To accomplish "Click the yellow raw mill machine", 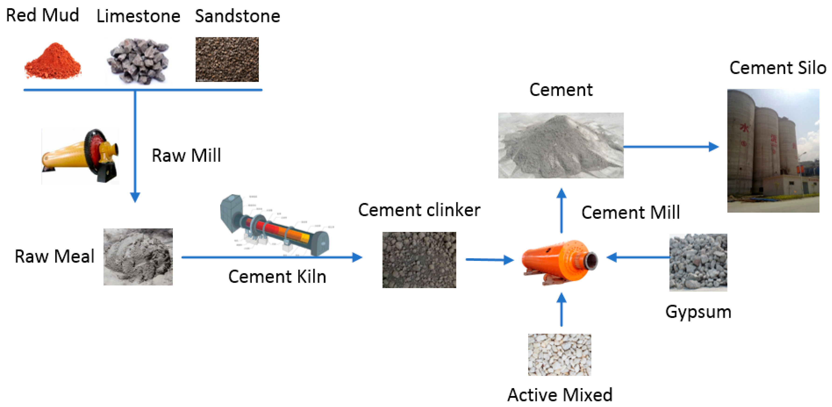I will click(x=80, y=156).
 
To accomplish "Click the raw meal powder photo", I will click(x=138, y=257).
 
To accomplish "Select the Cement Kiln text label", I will click(x=277, y=277).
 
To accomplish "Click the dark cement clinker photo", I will click(x=419, y=260).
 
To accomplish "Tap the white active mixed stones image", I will click(x=559, y=354).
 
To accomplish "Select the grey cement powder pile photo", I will click(x=561, y=145).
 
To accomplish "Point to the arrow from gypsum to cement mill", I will click(x=638, y=257).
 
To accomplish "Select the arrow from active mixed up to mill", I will click(x=561, y=310).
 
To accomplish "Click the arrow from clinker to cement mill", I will click(x=489, y=259).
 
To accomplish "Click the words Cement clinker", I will click(x=419, y=210).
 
